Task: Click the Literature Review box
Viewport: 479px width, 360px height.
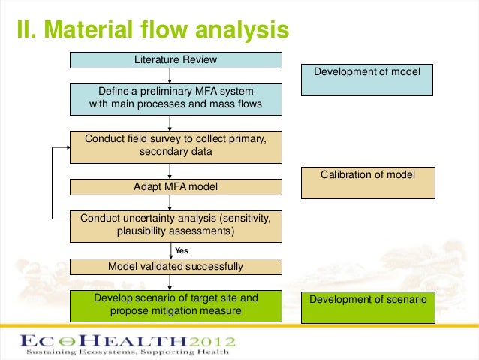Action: click(x=176, y=60)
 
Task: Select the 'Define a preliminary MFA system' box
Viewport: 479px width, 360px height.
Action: click(x=176, y=98)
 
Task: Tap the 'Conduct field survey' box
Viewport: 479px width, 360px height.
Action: click(x=176, y=146)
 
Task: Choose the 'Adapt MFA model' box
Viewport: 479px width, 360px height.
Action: click(x=176, y=186)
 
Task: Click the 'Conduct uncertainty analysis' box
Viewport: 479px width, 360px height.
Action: click(x=176, y=225)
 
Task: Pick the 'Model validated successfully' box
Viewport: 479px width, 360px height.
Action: click(x=176, y=266)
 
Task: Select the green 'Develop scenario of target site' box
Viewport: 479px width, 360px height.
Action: click(x=176, y=305)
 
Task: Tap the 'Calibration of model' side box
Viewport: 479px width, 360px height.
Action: click(x=368, y=183)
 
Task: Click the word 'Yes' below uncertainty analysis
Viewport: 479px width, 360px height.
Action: click(x=182, y=250)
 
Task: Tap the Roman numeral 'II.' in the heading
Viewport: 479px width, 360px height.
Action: click(x=29, y=31)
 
